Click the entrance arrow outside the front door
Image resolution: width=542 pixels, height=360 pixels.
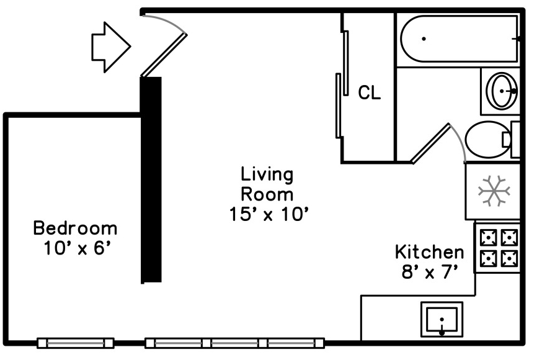point(111,47)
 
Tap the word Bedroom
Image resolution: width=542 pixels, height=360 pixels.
point(76,228)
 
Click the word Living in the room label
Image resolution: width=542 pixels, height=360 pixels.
point(267,175)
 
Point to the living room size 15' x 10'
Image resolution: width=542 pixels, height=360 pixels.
point(269,214)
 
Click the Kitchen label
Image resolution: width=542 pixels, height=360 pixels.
point(429,252)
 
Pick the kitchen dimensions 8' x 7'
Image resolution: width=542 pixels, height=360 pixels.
point(430,272)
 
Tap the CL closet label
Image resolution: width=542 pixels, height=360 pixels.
point(369,92)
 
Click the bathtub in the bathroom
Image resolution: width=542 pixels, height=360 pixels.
point(459,39)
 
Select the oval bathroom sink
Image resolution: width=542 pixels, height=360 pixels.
point(502,91)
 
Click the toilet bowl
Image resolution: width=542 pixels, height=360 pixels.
point(487,140)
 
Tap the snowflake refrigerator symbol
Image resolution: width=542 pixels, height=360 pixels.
point(494,191)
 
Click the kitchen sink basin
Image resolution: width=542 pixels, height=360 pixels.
point(442,320)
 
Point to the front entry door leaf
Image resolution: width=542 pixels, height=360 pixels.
point(164,55)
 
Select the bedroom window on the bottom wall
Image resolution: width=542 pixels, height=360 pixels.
point(76,343)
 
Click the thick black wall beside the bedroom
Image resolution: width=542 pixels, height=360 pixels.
point(151,180)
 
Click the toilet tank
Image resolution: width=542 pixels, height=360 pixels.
point(515,140)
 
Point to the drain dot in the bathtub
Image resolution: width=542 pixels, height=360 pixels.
point(424,39)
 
